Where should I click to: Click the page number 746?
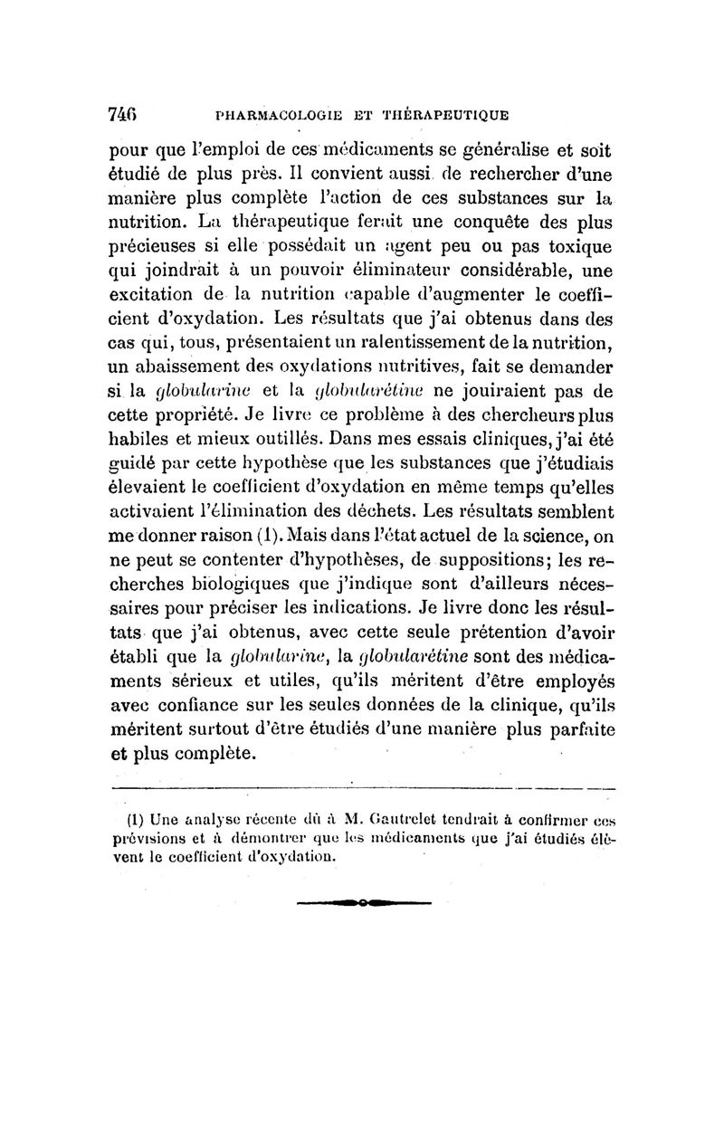tap(122, 114)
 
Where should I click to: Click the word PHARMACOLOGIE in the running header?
tap(275, 115)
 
